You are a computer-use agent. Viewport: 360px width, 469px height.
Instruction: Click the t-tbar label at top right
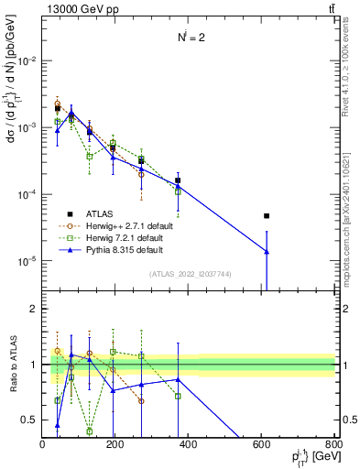coord(329,8)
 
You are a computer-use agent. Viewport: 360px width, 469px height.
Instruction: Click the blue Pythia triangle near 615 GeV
coord(267,251)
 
